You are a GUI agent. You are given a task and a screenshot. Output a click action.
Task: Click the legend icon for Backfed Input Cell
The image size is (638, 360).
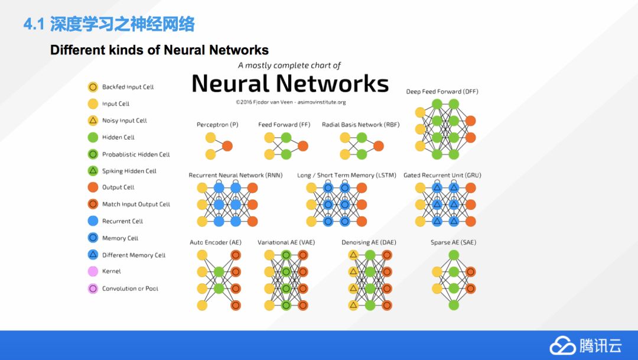(x=93, y=87)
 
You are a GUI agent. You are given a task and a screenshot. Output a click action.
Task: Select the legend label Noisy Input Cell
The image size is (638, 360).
(x=124, y=121)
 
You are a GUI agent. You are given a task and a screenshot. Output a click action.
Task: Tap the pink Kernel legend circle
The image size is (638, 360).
(x=93, y=271)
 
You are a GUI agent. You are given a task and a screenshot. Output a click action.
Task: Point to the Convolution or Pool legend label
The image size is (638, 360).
(x=130, y=288)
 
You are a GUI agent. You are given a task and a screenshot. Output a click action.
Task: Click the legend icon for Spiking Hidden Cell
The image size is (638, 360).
(x=93, y=171)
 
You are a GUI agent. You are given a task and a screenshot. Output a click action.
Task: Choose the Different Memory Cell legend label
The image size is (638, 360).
(x=134, y=255)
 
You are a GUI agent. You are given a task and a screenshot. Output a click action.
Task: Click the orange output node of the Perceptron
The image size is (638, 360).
(x=227, y=146)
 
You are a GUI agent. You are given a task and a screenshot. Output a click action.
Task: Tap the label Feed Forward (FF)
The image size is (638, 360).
(x=284, y=125)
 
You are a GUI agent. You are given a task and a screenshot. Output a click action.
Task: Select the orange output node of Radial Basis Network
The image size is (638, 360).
(x=379, y=146)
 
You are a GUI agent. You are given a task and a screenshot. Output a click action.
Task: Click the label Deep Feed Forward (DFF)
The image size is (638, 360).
(x=442, y=92)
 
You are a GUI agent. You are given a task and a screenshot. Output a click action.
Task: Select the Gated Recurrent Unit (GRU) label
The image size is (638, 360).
(x=442, y=176)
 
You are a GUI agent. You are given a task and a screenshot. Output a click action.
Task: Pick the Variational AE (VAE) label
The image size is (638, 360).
(x=287, y=242)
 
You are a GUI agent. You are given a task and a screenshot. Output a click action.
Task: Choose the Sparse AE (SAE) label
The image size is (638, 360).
(x=453, y=242)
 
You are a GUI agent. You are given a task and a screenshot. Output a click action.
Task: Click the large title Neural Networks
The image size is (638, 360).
(x=290, y=83)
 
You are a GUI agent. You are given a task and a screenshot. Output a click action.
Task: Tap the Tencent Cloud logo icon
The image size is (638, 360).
(x=562, y=345)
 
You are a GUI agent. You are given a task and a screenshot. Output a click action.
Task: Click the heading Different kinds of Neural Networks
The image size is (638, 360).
(x=159, y=50)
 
